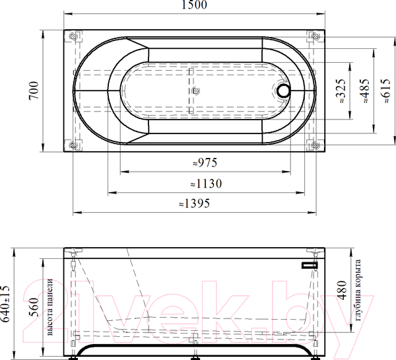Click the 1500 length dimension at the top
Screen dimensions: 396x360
194,5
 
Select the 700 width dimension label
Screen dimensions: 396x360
34,90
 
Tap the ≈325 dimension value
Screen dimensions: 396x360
341,91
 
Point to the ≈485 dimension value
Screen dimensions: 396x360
365,91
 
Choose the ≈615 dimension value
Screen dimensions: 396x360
386,91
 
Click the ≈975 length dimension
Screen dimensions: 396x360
205,162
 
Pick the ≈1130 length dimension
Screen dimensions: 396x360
206,184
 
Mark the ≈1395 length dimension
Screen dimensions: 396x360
195,203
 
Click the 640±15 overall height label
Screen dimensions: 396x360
5,304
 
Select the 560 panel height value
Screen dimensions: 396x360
34,307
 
